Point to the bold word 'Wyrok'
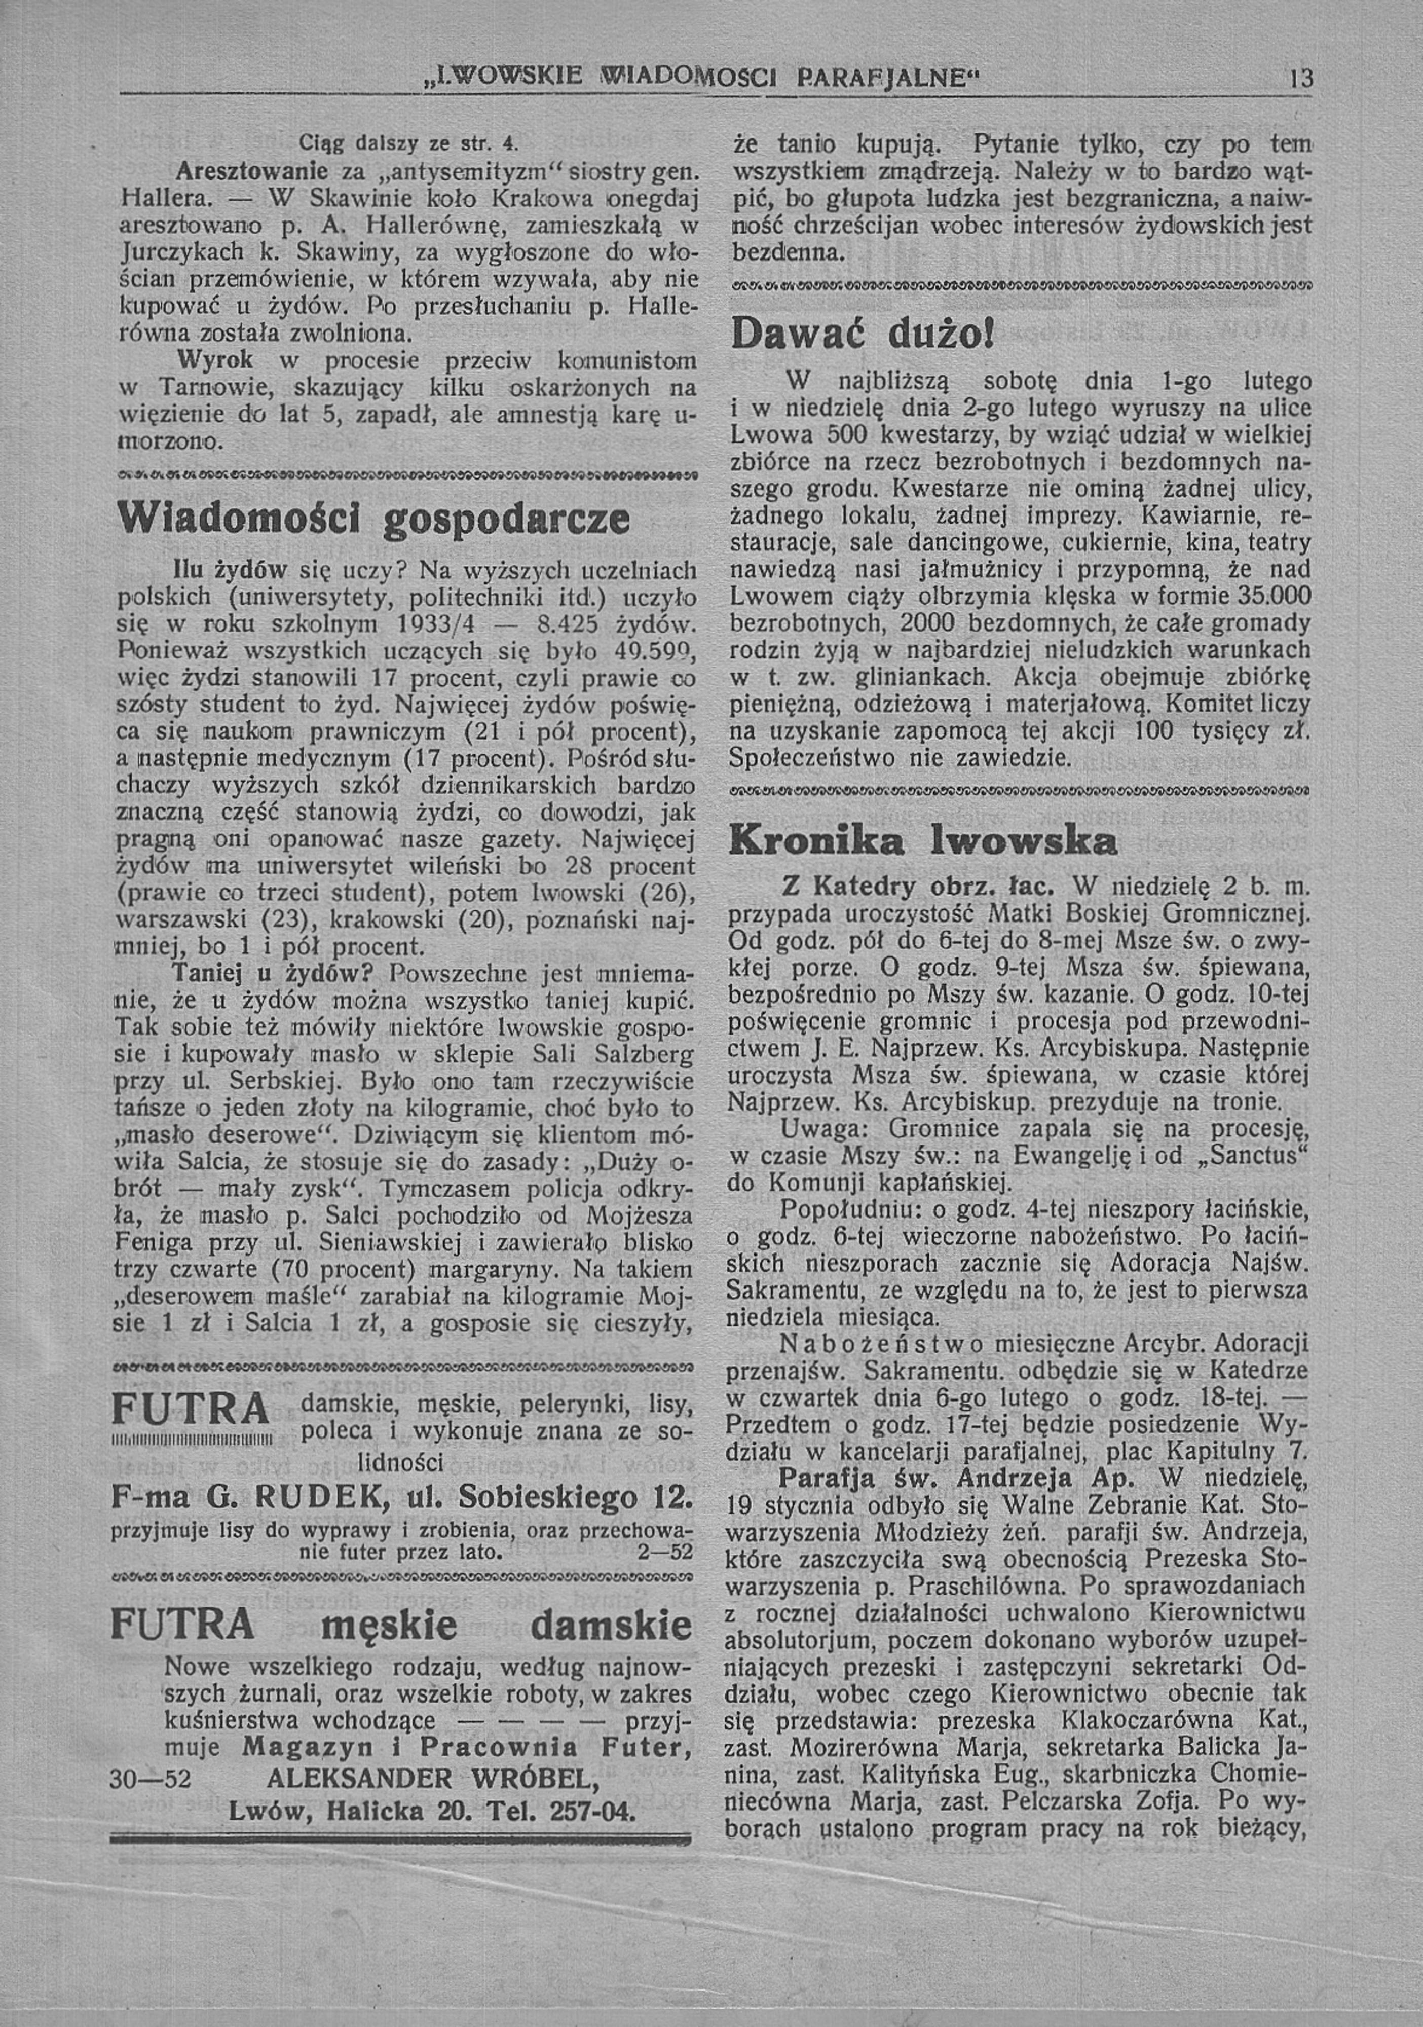(x=215, y=361)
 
